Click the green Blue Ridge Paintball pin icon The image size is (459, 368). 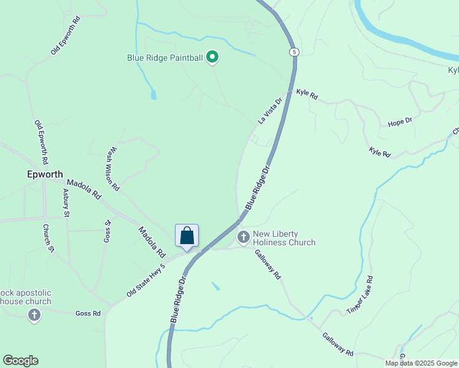click(x=212, y=58)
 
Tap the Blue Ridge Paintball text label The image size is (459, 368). click(x=164, y=58)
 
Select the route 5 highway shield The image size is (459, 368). click(x=295, y=52)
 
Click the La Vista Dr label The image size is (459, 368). click(x=269, y=110)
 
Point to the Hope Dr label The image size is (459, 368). click(x=400, y=123)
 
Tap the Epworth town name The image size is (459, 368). click(x=45, y=174)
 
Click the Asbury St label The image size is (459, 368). click(x=67, y=203)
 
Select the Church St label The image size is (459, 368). click(x=48, y=239)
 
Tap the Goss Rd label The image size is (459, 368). click(x=88, y=313)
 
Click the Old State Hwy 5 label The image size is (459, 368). click(x=146, y=281)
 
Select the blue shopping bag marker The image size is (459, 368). click(x=187, y=236)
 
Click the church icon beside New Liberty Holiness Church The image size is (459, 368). click(x=244, y=237)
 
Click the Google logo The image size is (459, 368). click(x=20, y=361)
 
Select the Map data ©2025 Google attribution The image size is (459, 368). click(x=421, y=363)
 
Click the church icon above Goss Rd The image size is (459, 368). click(x=34, y=315)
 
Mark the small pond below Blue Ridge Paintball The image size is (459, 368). click(x=153, y=94)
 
